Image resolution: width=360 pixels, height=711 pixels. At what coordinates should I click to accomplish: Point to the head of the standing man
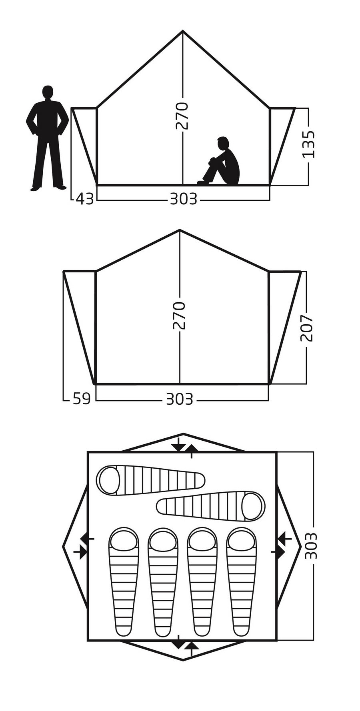[x=48, y=92]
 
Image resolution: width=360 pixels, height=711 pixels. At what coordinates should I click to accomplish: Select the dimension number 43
[x=85, y=199]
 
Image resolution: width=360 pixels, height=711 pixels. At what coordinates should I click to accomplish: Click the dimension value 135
[x=308, y=144]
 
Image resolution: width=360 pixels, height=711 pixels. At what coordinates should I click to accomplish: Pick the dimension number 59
[x=82, y=399]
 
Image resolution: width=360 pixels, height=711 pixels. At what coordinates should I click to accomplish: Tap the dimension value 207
[x=307, y=328]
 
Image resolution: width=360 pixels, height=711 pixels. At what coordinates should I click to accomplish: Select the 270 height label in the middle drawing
[x=179, y=316]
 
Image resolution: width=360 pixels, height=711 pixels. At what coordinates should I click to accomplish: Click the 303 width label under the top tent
[x=184, y=199]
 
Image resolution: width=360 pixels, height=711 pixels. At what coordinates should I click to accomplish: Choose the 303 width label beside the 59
[x=180, y=399]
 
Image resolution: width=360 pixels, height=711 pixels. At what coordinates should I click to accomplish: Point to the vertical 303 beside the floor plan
[x=311, y=546]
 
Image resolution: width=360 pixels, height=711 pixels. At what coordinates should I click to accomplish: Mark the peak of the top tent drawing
[x=183, y=31]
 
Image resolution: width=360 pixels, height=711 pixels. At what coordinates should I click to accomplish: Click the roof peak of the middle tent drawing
[x=180, y=230]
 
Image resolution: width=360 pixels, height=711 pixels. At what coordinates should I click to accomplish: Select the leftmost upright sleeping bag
[x=124, y=582]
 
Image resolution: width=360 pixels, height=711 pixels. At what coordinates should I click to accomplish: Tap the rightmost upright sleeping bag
[x=242, y=582]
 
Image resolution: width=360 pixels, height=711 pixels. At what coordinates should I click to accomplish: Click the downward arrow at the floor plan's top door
[x=178, y=447]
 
